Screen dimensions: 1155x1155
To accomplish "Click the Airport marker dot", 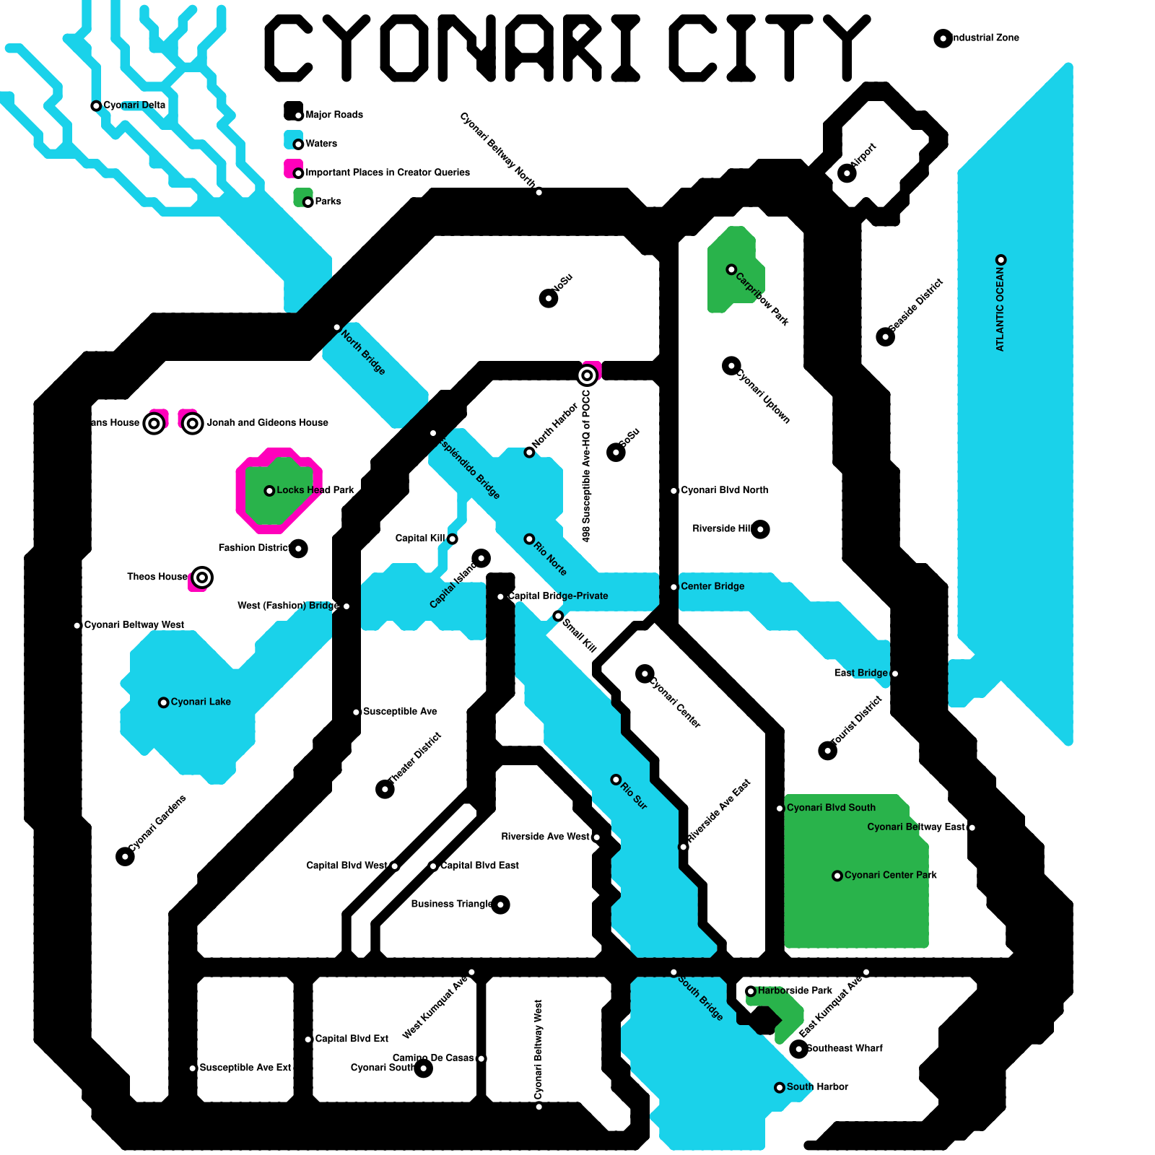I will coord(847,173).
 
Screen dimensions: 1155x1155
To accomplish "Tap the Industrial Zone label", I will coord(985,38).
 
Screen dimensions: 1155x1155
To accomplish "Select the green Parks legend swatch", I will coord(302,197).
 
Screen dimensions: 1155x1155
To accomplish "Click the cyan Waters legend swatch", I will coord(293,139).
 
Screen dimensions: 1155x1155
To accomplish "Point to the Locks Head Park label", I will coord(315,490).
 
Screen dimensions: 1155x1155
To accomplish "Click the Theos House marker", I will coord(202,577).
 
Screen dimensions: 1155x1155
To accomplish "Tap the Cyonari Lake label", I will coord(201,702).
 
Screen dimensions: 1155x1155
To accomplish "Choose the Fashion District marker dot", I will coord(298,549).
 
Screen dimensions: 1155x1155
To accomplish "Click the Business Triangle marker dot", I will coord(500,905).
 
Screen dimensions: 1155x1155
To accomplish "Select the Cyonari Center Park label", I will coord(890,875).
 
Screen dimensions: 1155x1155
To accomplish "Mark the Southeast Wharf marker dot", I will coord(798,1049).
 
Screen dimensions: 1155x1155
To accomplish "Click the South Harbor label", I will coord(817,1086).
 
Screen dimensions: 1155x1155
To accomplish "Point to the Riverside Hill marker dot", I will coord(760,529).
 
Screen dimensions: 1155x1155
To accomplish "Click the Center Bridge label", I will coord(712,586).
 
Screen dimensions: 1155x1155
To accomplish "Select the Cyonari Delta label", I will coord(134,105).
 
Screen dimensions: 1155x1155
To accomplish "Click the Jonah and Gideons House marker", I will coord(192,423).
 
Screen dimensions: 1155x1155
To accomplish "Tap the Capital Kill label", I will coord(420,539).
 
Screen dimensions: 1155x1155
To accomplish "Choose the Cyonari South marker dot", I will coord(423,1068).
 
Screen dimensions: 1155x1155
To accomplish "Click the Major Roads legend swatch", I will coord(293,110).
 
